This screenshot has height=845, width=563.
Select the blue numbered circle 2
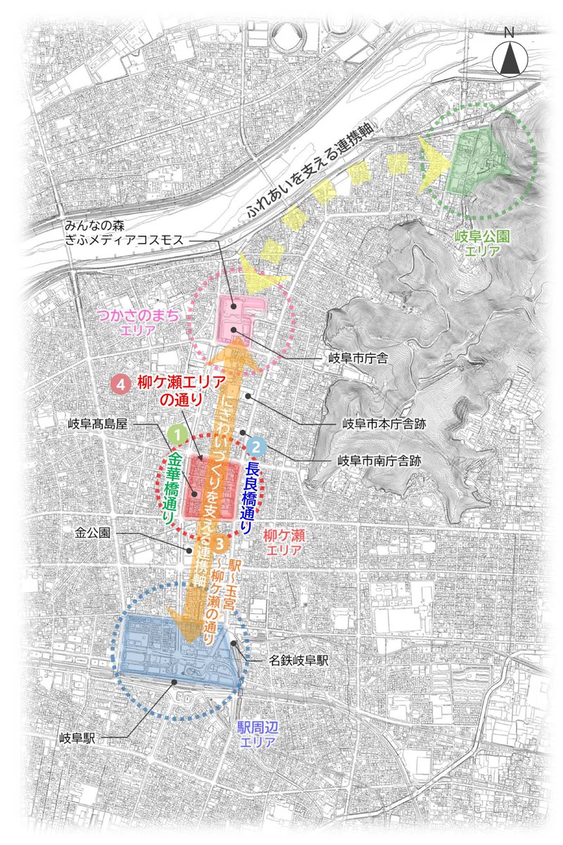pos(257,446)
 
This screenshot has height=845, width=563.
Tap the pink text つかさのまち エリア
pos(146,325)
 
